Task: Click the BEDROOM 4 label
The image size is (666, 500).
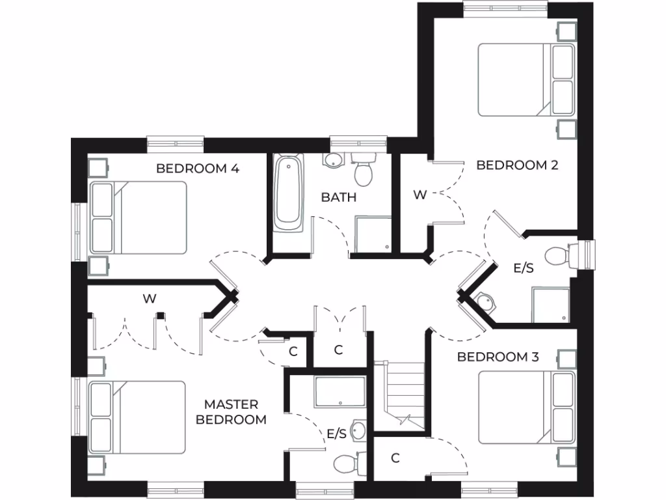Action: click(198, 169)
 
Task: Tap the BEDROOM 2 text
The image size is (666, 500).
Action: click(517, 165)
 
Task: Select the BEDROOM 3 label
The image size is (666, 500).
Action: click(498, 357)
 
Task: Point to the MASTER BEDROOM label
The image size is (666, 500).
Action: click(231, 412)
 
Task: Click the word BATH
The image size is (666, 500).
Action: click(338, 197)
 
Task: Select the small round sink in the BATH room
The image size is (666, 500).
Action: click(332, 161)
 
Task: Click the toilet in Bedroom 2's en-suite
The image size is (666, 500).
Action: click(559, 255)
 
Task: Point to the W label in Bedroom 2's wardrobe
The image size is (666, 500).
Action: click(420, 195)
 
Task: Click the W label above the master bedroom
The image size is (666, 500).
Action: click(149, 299)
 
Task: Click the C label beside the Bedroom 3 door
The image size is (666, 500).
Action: click(395, 458)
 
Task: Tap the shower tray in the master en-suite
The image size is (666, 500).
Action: click(341, 391)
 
